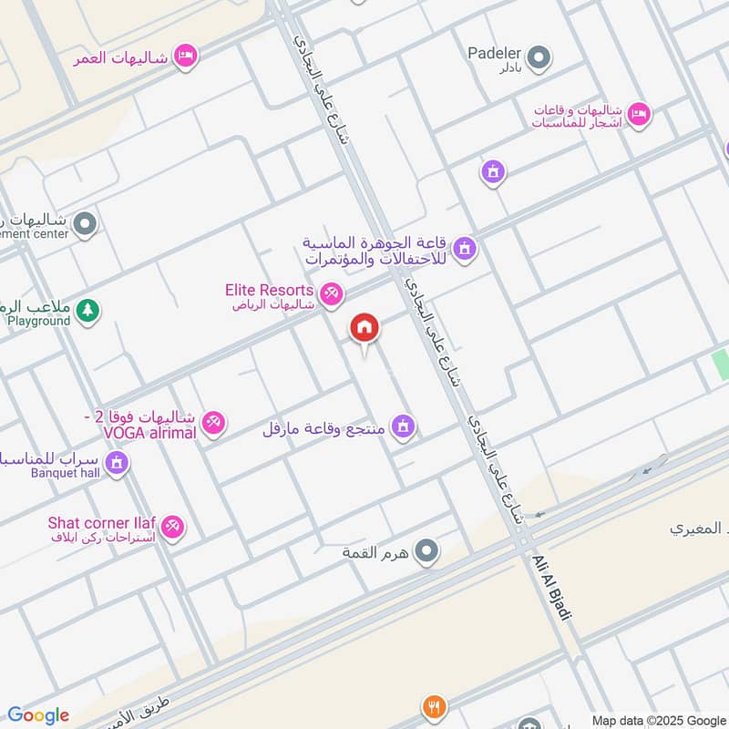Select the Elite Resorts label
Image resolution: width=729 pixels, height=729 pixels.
click(x=270, y=290)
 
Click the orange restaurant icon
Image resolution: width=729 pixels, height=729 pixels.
click(x=434, y=706)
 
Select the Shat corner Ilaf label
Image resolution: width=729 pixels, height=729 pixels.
click(x=102, y=523)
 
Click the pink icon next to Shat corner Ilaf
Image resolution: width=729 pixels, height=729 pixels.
click(x=172, y=526)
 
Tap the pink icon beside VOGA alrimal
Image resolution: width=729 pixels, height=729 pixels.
click(x=214, y=423)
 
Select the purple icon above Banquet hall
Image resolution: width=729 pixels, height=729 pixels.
click(x=116, y=464)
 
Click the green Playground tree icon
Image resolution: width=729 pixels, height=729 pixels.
click(x=87, y=311)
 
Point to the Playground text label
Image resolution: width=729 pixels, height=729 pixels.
click(x=38, y=321)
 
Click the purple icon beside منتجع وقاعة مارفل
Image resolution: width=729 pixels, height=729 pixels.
click(x=403, y=426)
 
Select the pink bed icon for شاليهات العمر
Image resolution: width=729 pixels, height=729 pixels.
click(x=186, y=56)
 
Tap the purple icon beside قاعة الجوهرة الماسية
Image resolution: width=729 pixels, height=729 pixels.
click(x=465, y=248)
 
